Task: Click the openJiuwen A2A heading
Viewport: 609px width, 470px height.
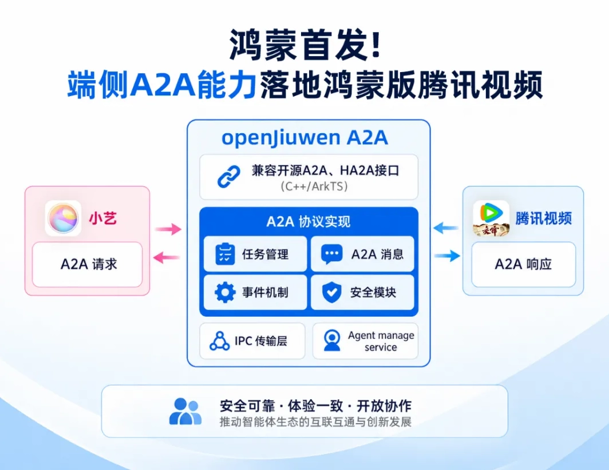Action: [304, 138]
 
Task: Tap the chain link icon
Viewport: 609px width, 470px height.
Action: [229, 177]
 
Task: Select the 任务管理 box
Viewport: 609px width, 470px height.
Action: [255, 254]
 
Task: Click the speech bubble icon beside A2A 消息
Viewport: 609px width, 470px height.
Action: [331, 254]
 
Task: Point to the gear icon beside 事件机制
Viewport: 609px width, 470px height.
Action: [225, 292]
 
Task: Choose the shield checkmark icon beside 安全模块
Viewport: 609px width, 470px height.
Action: [332, 292]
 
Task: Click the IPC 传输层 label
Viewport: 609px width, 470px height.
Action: [260, 341]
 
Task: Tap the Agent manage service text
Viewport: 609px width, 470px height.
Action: [381, 341]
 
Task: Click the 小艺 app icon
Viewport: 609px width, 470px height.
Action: [63, 218]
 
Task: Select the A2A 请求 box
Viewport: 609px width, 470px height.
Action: [88, 264]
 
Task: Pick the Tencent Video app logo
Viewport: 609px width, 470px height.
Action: [491, 218]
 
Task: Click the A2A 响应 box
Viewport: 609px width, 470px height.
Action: [524, 264]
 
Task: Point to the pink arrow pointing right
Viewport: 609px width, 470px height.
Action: [168, 229]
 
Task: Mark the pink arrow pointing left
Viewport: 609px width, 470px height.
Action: [167, 257]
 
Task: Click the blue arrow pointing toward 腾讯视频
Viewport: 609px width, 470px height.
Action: [447, 256]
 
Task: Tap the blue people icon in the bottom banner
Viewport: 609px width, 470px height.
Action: [185, 412]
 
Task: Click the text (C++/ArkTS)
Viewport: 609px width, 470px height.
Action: [314, 186]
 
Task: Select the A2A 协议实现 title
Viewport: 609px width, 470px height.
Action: [309, 222]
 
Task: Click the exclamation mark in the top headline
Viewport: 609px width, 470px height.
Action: [375, 45]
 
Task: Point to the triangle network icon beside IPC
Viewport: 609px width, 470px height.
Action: [219, 341]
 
